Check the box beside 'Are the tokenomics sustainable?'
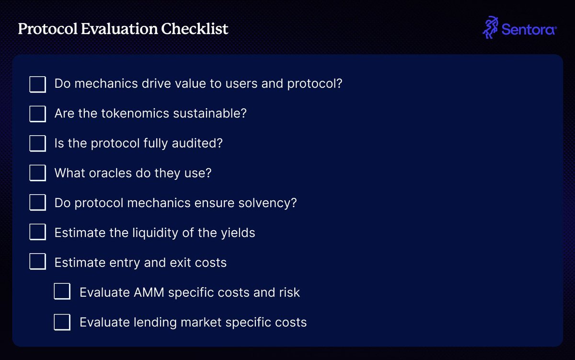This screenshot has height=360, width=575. [x=38, y=114]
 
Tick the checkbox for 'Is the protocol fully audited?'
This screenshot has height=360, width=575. [x=38, y=143]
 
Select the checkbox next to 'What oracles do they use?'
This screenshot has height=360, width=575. [x=38, y=173]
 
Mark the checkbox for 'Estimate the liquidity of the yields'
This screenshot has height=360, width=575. [x=38, y=232]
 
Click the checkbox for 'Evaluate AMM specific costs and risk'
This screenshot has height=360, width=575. [x=62, y=291]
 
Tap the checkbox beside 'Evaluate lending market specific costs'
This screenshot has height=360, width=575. [x=62, y=322]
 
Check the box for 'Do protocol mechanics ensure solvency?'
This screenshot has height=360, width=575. [x=38, y=202]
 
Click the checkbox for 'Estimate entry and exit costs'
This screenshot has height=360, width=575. [x=38, y=261]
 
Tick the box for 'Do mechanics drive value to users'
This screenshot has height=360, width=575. [x=38, y=84]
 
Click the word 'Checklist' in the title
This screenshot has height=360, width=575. [x=195, y=28]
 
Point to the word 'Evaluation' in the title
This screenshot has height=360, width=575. [x=119, y=28]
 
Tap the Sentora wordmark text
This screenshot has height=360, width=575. [x=529, y=30]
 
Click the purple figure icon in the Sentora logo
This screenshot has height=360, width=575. [x=490, y=27]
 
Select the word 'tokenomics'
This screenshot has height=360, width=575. [x=135, y=113]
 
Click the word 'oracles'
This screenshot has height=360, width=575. [x=110, y=173]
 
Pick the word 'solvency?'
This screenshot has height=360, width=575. [x=267, y=203]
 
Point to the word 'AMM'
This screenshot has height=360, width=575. [x=149, y=292]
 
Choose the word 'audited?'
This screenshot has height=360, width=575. [x=197, y=143]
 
